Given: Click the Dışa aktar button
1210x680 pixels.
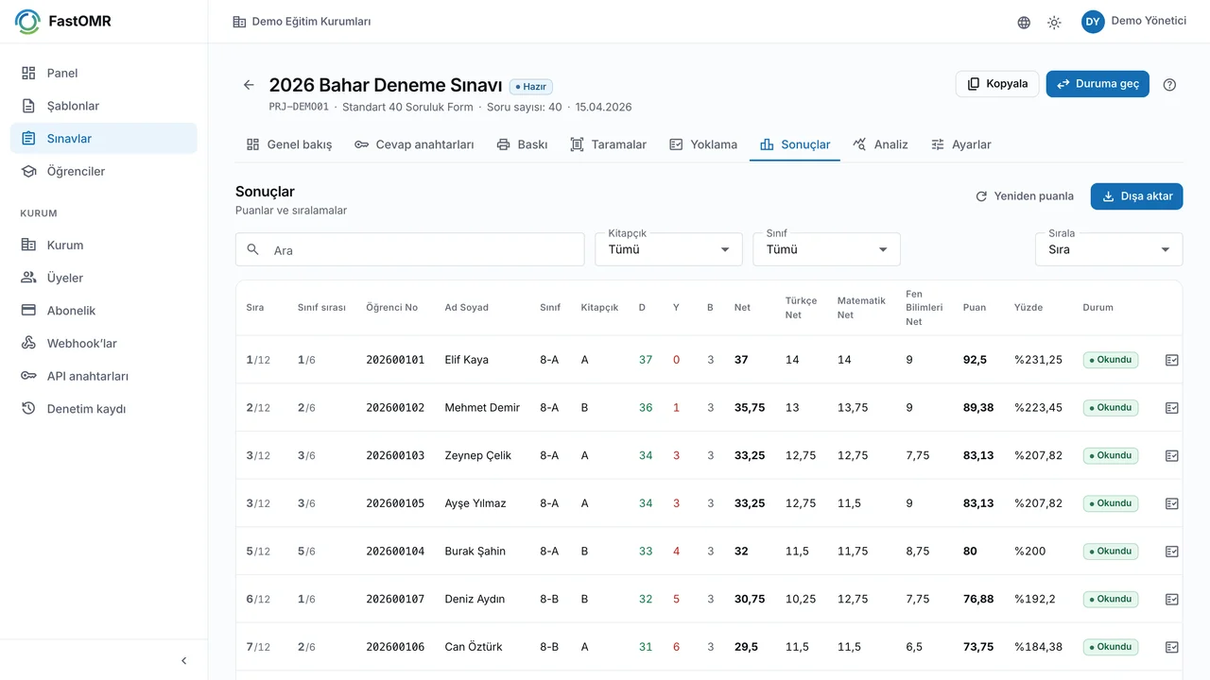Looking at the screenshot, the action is pyautogui.click(x=1136, y=195).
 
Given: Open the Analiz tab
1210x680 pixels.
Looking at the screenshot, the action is pyautogui.click(x=880, y=144).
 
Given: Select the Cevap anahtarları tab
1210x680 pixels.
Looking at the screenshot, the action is pyautogui.click(x=414, y=144).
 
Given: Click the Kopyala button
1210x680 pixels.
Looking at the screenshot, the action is pyautogui.click(x=997, y=84).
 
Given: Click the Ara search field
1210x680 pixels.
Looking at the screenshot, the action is pyautogui.click(x=410, y=249).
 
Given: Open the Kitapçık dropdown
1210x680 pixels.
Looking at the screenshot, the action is pyautogui.click(x=668, y=249).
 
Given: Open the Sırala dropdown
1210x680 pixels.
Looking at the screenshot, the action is pyautogui.click(x=1109, y=249).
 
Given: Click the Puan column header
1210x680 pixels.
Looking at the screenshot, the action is pyautogui.click(x=974, y=308).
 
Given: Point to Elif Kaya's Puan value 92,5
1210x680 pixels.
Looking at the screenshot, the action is pyautogui.click(x=975, y=360).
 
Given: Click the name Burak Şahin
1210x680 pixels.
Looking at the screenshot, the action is pyautogui.click(x=475, y=551).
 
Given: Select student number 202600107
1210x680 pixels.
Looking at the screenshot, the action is pyautogui.click(x=395, y=599).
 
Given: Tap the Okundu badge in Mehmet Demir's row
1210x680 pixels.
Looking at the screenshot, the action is pyautogui.click(x=1111, y=407).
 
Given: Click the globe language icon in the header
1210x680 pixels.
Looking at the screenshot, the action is pyautogui.click(x=1024, y=22).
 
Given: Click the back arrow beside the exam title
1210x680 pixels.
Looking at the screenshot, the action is pyautogui.click(x=249, y=85).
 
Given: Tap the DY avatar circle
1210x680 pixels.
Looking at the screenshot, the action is pyautogui.click(x=1093, y=22).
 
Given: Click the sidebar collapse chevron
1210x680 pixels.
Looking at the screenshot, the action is pyautogui.click(x=183, y=660).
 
